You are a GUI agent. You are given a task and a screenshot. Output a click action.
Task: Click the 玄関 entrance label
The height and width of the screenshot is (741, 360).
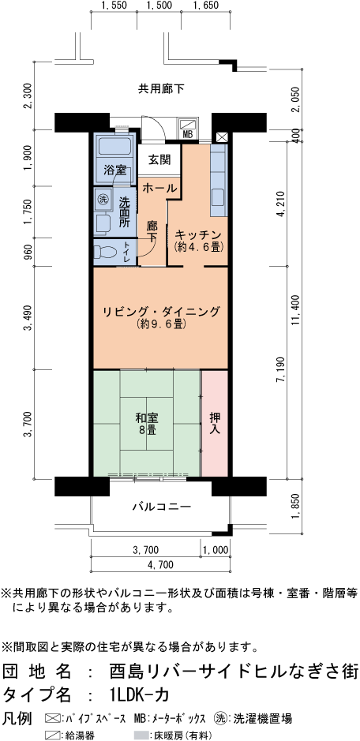(159, 159)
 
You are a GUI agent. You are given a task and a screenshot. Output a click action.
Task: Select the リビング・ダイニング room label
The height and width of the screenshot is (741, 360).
(162, 312)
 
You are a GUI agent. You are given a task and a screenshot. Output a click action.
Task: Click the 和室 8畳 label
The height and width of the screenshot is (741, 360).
(147, 425)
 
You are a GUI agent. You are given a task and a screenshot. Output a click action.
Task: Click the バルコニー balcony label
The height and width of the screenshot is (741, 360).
(161, 507)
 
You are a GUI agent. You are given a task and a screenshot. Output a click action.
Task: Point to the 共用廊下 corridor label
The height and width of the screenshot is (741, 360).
(161, 88)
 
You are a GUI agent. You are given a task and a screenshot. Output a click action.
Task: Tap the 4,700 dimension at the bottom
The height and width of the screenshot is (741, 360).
(160, 565)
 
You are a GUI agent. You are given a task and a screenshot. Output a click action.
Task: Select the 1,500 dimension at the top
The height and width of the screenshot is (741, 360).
(159, 6)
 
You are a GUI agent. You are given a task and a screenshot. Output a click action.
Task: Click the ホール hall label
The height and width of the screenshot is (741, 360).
(160, 188)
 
